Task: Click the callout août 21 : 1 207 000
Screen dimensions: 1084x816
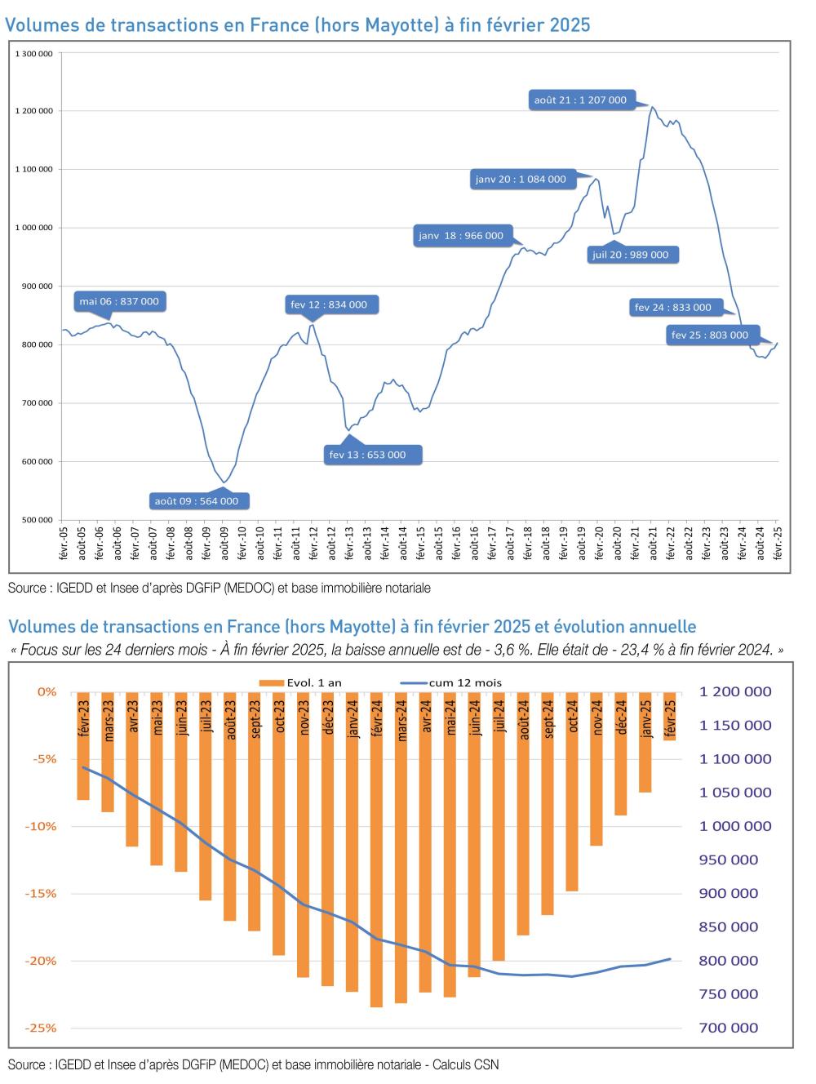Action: click(x=580, y=100)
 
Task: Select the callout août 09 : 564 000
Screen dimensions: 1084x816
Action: click(x=197, y=500)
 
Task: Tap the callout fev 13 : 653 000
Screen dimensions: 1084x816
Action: click(x=366, y=455)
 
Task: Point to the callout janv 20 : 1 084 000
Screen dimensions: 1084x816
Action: click(x=521, y=179)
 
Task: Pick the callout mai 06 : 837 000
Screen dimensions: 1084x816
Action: click(x=119, y=301)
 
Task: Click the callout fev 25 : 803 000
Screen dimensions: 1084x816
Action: click(x=709, y=335)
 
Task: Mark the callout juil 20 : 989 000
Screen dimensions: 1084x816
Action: click(x=630, y=255)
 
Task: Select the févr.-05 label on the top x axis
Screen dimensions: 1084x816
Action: click(x=63, y=543)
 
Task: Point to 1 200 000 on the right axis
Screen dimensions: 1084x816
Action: click(x=734, y=691)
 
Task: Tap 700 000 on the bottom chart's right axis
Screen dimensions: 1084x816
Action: click(x=728, y=1028)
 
